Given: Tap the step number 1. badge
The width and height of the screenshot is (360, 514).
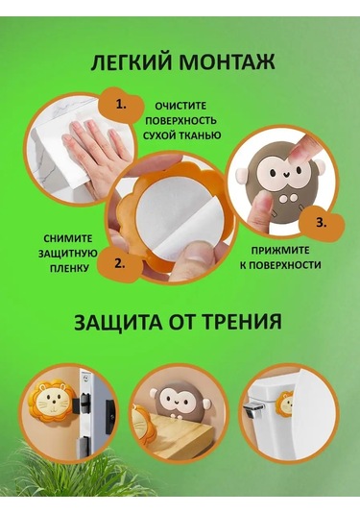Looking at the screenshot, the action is pos(121,106).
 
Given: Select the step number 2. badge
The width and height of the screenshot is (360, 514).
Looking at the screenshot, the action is pos(120,263).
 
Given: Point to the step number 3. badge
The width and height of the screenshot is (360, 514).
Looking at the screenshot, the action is pos(321,223).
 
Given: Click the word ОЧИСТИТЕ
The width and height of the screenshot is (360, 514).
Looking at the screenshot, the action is pos(180,106).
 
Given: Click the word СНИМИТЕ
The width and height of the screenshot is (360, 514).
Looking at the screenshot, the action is pos(68,238).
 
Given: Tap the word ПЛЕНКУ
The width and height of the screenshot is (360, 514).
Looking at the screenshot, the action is pos(69,268).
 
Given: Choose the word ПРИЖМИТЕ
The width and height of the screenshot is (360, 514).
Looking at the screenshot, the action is pos(280,251).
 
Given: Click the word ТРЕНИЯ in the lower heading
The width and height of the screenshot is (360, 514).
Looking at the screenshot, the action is pos(241,322).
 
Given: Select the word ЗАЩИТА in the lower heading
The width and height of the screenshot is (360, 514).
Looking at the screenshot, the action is pos(118,322).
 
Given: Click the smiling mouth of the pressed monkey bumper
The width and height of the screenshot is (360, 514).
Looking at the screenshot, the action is pos(284,177).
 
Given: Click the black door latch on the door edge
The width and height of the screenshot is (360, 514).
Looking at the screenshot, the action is pos(84,404).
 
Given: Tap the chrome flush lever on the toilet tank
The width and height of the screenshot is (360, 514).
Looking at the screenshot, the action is pos(253,407).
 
